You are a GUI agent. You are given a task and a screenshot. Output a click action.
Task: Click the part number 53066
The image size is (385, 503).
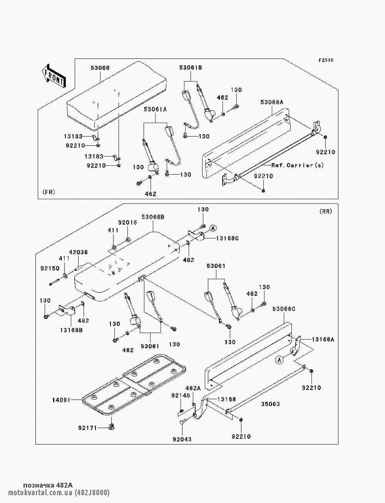pos(100,68)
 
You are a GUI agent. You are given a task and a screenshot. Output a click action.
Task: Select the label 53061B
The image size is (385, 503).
pos(191,68)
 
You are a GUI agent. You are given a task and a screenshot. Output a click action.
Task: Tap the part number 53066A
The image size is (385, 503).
pos(272,102)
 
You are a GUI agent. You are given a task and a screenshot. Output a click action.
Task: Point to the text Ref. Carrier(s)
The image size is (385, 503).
pos(298,165)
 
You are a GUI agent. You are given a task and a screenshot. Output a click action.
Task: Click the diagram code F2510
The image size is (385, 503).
pos(326,60)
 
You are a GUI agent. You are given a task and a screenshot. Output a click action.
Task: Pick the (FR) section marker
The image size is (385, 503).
pos(49,192)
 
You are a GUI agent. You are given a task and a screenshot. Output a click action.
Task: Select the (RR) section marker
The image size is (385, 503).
pos(326,211)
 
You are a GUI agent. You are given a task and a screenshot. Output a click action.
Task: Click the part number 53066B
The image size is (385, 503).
pos(153,217)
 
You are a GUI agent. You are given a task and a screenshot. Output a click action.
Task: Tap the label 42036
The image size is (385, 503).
pos(79,252)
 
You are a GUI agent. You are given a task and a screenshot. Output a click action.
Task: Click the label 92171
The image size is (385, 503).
pos(87,428)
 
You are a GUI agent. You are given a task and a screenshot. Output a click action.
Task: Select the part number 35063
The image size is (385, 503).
pos(271,404)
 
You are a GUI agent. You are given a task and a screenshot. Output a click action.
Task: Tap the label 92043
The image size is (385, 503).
pos(182,439)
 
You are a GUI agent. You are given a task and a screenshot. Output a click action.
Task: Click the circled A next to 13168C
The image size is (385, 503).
pos(212,228)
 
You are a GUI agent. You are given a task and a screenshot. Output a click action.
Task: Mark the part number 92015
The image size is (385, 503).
pos(127,222)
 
